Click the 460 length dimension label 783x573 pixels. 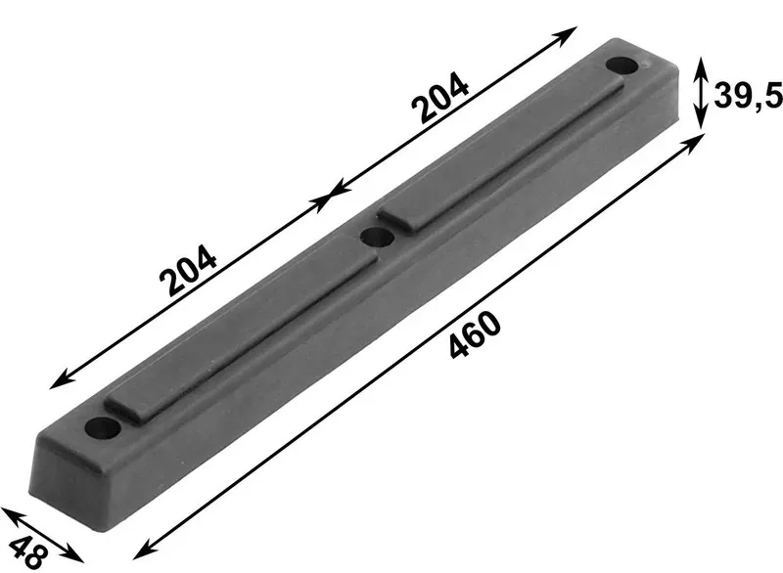474,334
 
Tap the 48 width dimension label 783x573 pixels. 28,551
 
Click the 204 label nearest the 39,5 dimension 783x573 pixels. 439,97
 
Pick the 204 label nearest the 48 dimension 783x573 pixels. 188,269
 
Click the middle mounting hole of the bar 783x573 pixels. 376,237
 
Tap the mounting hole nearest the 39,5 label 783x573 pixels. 622,66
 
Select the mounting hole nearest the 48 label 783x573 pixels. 103,428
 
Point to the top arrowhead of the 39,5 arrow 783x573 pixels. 701,66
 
